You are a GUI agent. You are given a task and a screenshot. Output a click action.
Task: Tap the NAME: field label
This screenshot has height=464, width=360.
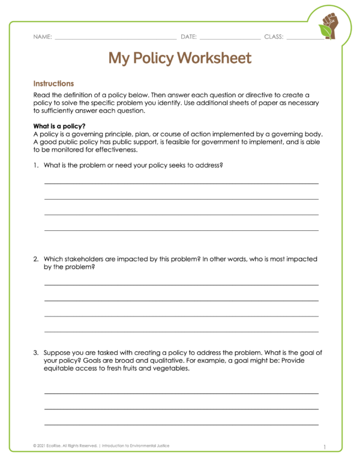click(x=43, y=37)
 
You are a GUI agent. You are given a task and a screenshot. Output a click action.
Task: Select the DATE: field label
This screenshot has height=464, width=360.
click(x=188, y=37)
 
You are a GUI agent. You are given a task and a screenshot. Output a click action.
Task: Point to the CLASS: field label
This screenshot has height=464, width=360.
click(x=274, y=37)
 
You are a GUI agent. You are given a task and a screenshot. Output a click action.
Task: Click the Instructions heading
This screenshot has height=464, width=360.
click(x=53, y=84)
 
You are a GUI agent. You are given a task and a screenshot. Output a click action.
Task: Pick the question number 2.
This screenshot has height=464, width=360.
click(x=36, y=259)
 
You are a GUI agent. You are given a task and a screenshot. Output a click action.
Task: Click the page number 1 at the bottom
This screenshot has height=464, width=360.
click(x=324, y=447)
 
